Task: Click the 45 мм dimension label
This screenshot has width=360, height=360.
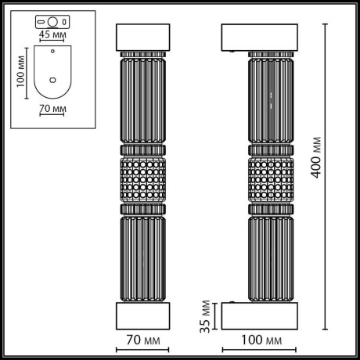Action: coord(52,34)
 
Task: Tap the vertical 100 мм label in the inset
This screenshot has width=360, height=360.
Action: coord(20,71)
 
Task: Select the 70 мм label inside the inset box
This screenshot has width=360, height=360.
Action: coord(52,109)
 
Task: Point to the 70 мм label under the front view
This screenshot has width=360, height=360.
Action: coord(143,340)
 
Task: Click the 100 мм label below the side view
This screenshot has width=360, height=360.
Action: coord(261,340)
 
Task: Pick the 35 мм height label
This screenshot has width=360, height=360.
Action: coord(205,316)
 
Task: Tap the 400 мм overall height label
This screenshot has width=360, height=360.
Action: coord(316,157)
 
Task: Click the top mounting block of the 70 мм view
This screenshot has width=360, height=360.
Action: coord(143,38)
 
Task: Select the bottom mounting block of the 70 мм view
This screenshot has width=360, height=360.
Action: coord(143,316)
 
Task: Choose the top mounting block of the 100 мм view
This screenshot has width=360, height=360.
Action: coord(260,38)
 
